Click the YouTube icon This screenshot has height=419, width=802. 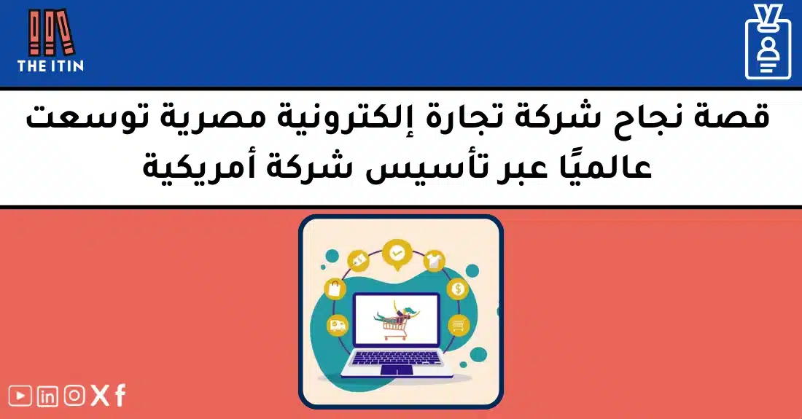(x=21, y=396)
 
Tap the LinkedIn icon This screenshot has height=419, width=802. (x=47, y=396)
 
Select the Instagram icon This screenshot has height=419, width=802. (x=74, y=396)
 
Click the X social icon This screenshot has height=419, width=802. (x=100, y=396)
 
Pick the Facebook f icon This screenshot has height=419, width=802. (x=120, y=395)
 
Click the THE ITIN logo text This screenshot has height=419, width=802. (x=50, y=66)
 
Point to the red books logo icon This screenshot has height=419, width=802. (x=51, y=32)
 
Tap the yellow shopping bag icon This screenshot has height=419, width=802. (x=335, y=289)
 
